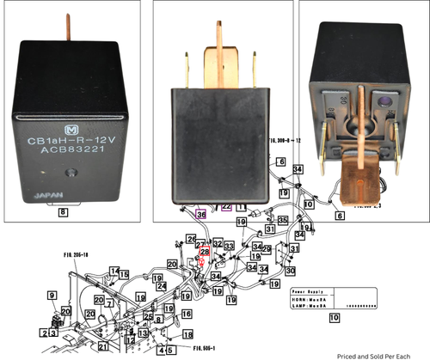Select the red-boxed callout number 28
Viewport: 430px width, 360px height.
[205, 252]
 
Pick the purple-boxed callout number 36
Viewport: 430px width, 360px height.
[201, 215]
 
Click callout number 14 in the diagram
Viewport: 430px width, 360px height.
[89, 272]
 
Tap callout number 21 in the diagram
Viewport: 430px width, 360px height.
[103, 346]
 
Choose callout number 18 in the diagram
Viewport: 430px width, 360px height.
[187, 333]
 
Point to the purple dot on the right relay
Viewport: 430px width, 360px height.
[384, 109]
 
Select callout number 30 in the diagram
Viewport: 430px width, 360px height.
[290, 271]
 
